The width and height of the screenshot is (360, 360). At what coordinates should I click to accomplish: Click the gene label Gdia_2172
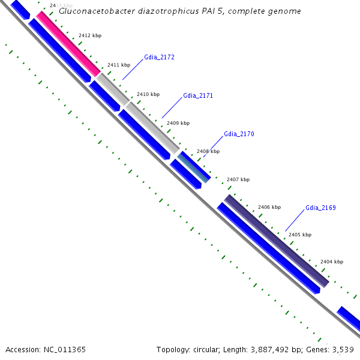click(159, 58)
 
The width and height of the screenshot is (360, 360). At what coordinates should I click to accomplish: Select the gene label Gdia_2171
click(198, 96)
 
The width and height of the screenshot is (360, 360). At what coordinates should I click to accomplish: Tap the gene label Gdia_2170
click(239, 134)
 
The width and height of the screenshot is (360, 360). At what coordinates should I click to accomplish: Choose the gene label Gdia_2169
click(320, 208)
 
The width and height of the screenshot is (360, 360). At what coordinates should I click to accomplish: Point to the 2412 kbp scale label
click(90, 36)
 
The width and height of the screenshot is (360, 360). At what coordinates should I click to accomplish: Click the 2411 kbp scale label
click(119, 65)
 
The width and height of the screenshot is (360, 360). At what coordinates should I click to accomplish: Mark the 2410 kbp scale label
click(148, 94)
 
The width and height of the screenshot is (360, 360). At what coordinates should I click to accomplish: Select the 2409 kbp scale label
click(178, 123)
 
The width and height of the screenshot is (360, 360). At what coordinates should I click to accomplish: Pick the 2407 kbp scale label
click(238, 179)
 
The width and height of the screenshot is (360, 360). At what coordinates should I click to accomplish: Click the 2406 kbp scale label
click(269, 207)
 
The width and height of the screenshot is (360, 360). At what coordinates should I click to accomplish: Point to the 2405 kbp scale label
click(300, 235)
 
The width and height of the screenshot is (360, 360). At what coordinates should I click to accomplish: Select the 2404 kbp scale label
click(332, 262)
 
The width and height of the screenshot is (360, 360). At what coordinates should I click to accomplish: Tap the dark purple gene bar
click(276, 241)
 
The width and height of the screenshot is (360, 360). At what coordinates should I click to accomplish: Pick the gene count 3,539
click(343, 349)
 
